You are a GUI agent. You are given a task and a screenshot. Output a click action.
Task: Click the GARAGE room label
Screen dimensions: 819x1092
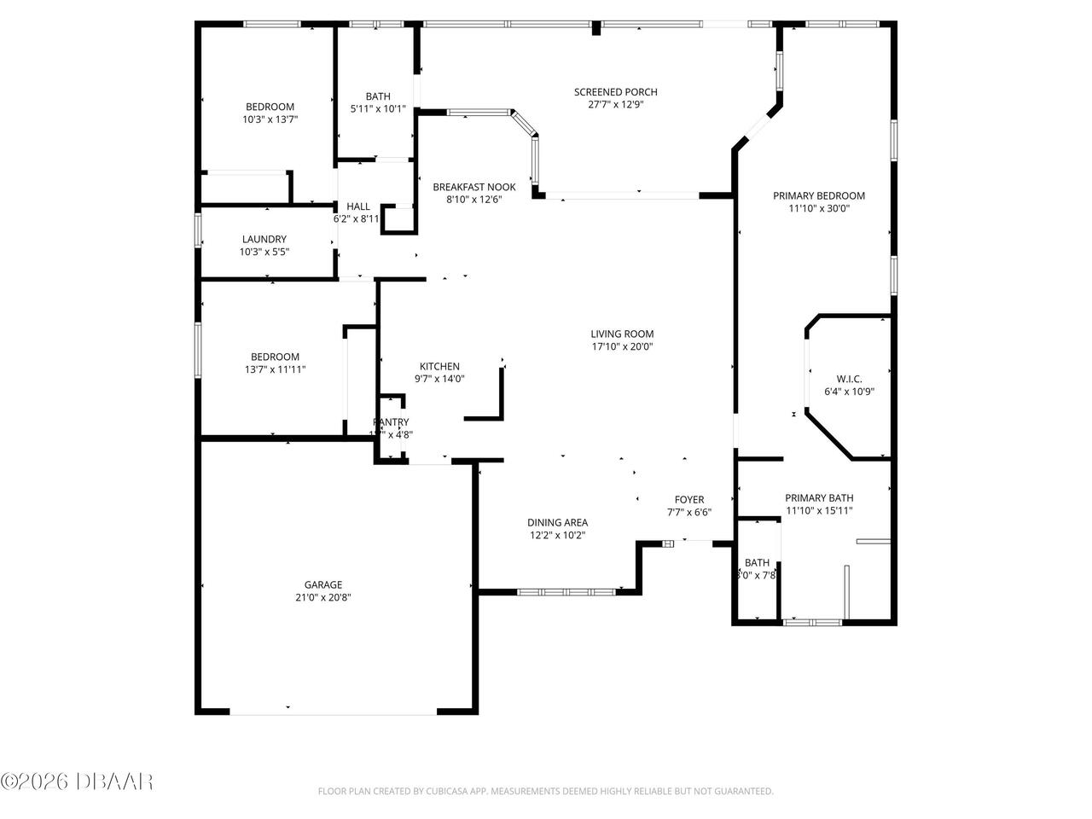(x=323, y=584)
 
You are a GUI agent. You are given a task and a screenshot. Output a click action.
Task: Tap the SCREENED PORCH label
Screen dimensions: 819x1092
(x=615, y=92)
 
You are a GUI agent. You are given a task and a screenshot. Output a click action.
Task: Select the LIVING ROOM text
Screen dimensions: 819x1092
(x=622, y=334)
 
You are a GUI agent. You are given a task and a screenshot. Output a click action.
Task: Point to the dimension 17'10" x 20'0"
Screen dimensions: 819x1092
(x=622, y=346)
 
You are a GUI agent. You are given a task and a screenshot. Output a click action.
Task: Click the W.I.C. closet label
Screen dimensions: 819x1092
(x=849, y=379)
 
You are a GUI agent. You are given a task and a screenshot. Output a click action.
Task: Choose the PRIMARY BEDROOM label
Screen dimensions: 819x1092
(x=819, y=195)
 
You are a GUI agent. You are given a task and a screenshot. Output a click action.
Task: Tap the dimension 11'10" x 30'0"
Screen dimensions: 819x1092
(x=819, y=208)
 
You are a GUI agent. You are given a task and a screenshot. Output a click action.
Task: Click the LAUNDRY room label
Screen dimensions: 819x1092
(x=264, y=239)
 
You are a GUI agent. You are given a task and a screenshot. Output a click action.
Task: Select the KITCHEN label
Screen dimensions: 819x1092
(x=439, y=366)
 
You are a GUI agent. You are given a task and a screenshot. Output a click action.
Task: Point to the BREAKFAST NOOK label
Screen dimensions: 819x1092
(x=474, y=187)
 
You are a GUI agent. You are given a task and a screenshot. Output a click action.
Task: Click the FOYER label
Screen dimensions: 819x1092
(x=689, y=500)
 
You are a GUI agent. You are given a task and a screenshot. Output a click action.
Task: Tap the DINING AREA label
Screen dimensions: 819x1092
(x=557, y=523)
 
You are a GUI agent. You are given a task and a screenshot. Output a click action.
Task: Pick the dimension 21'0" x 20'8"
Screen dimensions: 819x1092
(x=323, y=597)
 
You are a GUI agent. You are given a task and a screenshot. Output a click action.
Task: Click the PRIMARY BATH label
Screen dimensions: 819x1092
(x=819, y=498)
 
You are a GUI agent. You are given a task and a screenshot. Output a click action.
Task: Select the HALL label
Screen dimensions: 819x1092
(x=358, y=206)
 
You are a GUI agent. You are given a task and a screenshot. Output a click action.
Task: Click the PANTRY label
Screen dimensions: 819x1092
(x=391, y=421)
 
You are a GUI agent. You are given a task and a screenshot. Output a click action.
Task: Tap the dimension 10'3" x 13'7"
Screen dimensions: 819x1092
(x=270, y=120)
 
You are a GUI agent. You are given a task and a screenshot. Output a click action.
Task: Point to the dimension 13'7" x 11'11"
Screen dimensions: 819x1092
(x=275, y=369)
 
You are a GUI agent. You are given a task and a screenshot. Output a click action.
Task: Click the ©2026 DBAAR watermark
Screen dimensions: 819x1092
(x=77, y=781)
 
